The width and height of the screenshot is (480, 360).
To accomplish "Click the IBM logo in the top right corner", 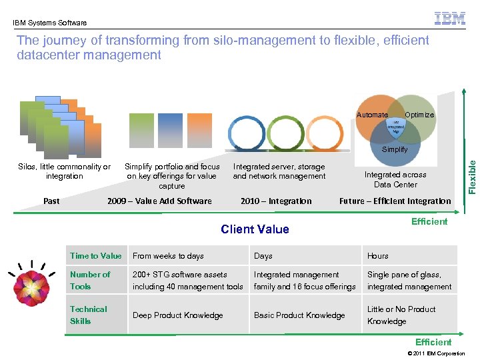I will (x=450, y=18).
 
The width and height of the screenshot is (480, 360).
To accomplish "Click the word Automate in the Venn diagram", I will (x=371, y=115).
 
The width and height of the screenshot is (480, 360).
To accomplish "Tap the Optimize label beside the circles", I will (x=419, y=115).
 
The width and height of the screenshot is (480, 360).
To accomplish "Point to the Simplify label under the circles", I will (x=395, y=149).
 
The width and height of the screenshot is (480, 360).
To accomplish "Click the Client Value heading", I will (x=255, y=229).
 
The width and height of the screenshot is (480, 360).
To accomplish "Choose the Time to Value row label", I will (x=96, y=255).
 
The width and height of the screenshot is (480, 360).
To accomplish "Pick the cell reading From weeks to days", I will (x=168, y=255).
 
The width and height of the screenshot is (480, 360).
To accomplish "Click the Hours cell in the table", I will (x=378, y=255).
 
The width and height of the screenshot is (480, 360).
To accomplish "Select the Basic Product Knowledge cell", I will (x=299, y=315).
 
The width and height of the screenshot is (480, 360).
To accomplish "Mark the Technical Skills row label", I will (x=88, y=315).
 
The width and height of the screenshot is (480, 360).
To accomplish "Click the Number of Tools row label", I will (x=90, y=280).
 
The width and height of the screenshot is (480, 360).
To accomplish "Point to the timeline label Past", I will (x=51, y=201).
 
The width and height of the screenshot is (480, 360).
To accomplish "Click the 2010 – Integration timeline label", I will (x=276, y=201).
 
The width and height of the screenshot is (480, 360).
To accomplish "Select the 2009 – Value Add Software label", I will (x=159, y=201).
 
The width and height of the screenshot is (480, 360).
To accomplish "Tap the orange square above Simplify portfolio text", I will (x=199, y=129).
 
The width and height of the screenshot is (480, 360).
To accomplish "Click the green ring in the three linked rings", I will (x=285, y=133).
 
